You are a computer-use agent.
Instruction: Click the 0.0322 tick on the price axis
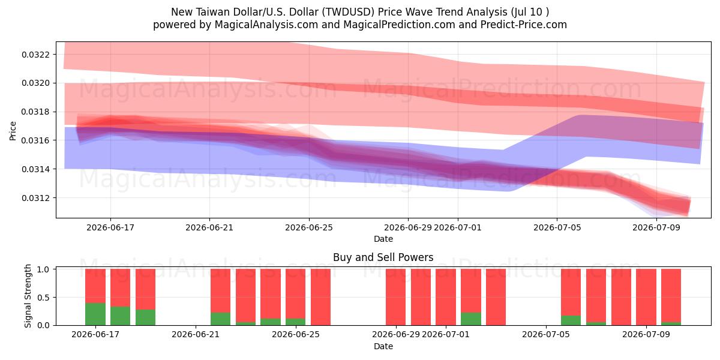coord(35,55)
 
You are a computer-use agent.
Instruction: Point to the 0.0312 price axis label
coord(35,198)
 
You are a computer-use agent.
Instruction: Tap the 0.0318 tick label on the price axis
coord(35,112)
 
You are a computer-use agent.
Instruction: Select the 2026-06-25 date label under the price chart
coord(309,227)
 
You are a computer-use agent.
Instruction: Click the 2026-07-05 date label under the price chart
coord(557,227)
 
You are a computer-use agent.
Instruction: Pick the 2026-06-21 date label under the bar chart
coord(196,335)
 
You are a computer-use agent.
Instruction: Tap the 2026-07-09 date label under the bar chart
coord(646,335)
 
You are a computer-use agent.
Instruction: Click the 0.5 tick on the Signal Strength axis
coord(43,298)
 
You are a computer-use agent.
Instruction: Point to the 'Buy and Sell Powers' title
coord(383,257)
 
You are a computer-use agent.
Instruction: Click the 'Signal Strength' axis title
coord(28,296)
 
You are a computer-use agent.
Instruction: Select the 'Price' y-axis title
coord(13,131)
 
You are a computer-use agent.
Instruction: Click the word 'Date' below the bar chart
coord(383,346)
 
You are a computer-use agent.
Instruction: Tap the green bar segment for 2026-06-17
coord(95,314)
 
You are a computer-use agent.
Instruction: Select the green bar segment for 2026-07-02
coord(471,319)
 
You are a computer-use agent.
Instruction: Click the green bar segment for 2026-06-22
coord(221,319)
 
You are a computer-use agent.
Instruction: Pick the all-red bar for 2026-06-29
coord(395,297)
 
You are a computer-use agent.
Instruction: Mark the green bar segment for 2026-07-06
coord(571,320)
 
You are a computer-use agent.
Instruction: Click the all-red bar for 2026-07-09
coord(646,297)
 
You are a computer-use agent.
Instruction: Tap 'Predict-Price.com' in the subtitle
coord(524,25)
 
